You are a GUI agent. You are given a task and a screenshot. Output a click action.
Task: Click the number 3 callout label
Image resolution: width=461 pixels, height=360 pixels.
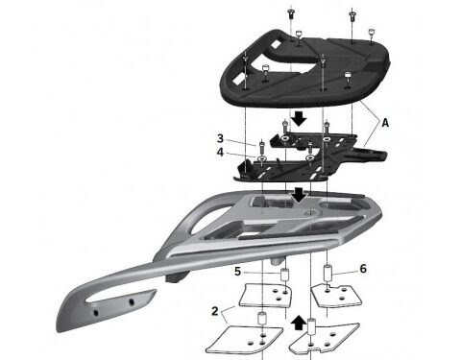(220, 138)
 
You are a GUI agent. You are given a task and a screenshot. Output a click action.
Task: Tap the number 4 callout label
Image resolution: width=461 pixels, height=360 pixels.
(220, 152)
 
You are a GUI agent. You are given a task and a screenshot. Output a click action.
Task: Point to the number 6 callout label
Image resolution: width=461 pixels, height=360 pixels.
(362, 272)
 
